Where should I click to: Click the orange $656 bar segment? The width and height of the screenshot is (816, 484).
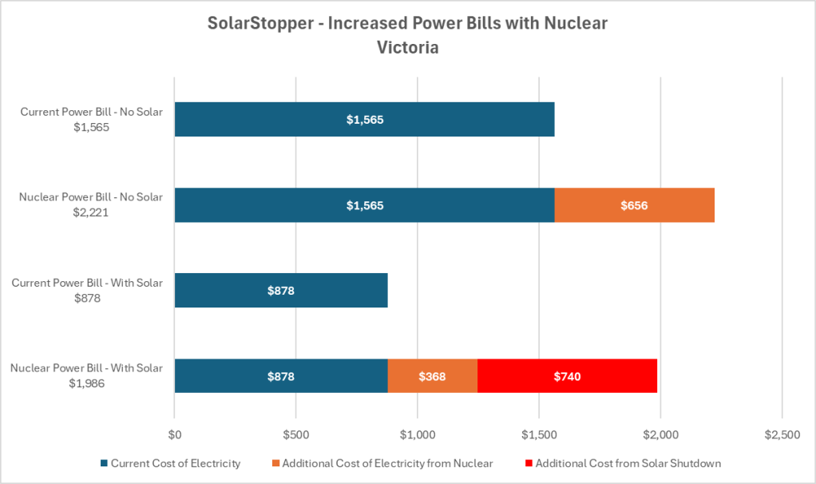click(x=634, y=205)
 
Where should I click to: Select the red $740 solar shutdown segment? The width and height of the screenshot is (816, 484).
click(x=567, y=376)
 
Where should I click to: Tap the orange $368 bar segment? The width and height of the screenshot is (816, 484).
click(x=432, y=376)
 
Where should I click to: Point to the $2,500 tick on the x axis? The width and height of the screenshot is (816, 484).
click(x=782, y=434)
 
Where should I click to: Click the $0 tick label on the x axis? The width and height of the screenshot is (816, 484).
click(x=175, y=434)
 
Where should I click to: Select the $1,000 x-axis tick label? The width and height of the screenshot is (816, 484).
click(x=418, y=434)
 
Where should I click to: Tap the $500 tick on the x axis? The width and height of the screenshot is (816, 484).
click(x=295, y=434)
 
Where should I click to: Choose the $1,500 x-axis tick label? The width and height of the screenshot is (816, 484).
click(x=539, y=434)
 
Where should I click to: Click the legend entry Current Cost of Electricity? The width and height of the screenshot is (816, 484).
click(x=171, y=463)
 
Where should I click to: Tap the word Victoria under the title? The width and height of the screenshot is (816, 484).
click(x=407, y=47)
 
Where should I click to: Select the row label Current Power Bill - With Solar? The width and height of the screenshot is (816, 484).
click(x=91, y=283)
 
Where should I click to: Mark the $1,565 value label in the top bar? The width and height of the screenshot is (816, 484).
click(x=365, y=120)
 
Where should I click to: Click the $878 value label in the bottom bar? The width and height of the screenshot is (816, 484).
click(x=281, y=376)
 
